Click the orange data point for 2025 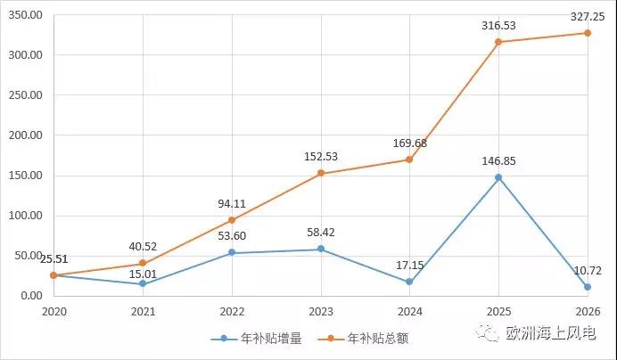coord(498,42)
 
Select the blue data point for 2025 coord(498,177)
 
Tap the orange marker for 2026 coord(588,33)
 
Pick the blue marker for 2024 coord(409,282)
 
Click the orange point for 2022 coord(232,220)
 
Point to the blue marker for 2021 coord(143,283)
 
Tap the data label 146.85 coord(498,161)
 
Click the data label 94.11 coord(231,203)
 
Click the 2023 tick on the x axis coord(320,311)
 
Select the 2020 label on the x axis coord(53,311)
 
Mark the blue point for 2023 coord(320,249)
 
